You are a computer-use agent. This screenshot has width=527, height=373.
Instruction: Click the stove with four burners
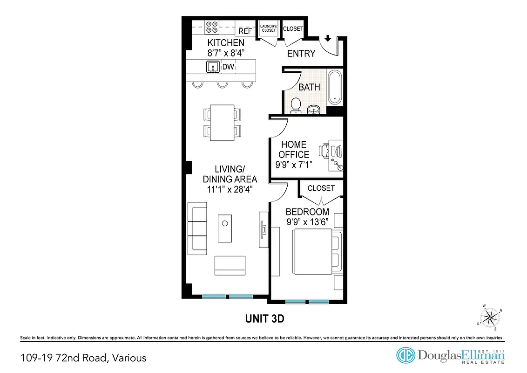click(x=212, y=27)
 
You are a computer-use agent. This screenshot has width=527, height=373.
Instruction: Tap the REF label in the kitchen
click(x=245, y=31)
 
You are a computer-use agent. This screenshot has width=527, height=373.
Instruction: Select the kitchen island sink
click(x=213, y=67)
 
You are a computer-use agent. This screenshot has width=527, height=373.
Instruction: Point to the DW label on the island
click(x=228, y=67)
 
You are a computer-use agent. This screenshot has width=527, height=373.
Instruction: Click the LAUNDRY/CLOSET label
click(x=269, y=28)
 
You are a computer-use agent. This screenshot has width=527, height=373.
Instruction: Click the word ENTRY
click(x=301, y=53)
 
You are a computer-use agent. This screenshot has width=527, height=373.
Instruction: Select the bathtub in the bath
click(x=335, y=88)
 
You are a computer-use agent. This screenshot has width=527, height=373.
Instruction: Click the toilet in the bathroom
click(x=296, y=106)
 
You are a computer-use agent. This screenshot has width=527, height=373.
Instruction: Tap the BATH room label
click(x=309, y=87)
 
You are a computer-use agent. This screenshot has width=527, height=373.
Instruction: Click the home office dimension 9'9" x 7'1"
click(x=293, y=164)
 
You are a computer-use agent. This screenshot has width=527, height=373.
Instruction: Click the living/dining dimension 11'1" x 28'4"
click(x=230, y=190)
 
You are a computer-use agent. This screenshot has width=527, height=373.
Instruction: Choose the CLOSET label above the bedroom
click(x=321, y=188)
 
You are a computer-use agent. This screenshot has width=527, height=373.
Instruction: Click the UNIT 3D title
click(x=264, y=319)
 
